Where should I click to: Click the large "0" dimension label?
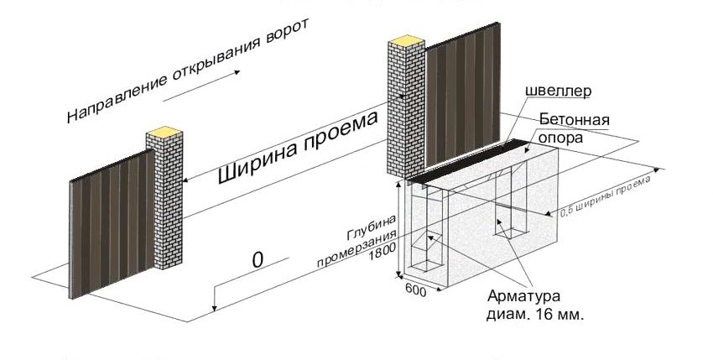(x=258, y=260)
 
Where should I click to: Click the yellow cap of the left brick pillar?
(x=164, y=131)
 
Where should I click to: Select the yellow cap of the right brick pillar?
(x=407, y=39)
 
